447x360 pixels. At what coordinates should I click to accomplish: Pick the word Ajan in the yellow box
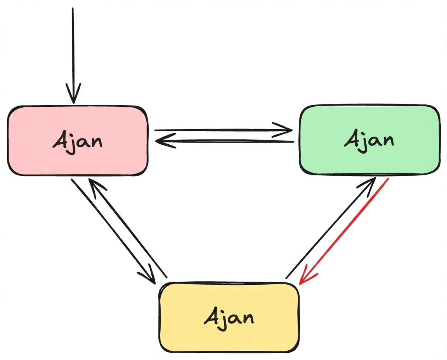[229, 318]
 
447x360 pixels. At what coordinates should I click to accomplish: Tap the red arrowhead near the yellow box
[305, 278]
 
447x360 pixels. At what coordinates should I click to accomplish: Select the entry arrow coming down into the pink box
[73, 47]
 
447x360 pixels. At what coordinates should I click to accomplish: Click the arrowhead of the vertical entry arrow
[73, 95]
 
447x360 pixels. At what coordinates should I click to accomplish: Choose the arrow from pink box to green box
[217, 130]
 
